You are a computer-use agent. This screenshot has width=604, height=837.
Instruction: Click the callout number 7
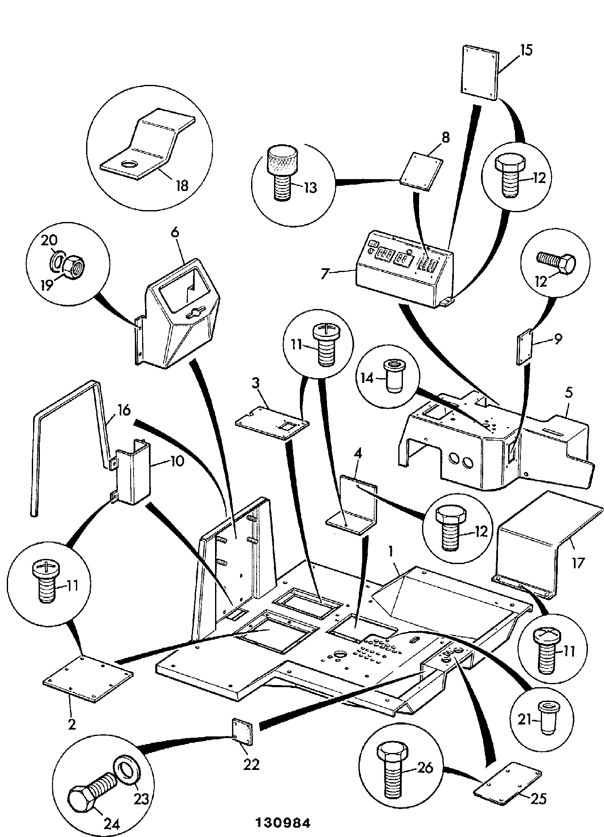tap(324, 274)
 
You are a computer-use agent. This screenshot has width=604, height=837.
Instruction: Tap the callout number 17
tap(578, 563)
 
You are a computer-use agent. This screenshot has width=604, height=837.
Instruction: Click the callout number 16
tap(124, 411)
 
